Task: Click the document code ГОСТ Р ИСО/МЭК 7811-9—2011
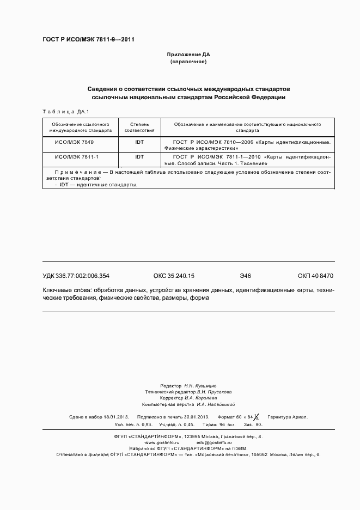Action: [x=88, y=40]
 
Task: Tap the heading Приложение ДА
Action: [x=188, y=54]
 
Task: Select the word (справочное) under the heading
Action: [x=188, y=62]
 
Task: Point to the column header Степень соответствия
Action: [x=139, y=127]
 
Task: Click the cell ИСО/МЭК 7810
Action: [x=75, y=142]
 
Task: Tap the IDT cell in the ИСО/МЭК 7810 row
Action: [x=139, y=142]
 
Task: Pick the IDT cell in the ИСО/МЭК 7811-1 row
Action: [x=139, y=157]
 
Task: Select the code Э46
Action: [x=245, y=276]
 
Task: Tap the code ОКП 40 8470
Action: [x=315, y=276]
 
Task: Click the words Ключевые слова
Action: [x=66, y=290]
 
